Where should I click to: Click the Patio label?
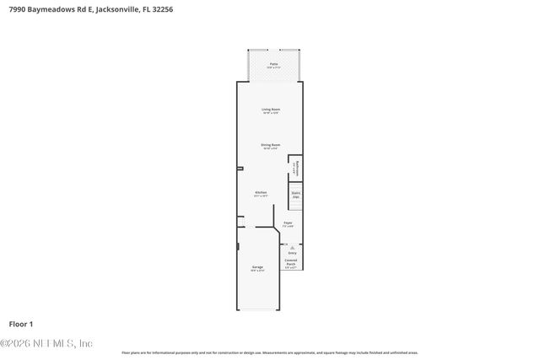pyautogui.click(x=273, y=63)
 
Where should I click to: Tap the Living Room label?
pyautogui.click(x=270, y=109)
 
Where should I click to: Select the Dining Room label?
pyautogui.click(x=270, y=144)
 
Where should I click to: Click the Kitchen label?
pyautogui.click(x=262, y=192)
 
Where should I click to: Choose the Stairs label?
pyautogui.click(x=296, y=192)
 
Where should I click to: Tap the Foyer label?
pyautogui.click(x=288, y=223)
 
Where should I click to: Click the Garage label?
pyautogui.click(x=256, y=266)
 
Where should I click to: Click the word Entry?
pyautogui.click(x=292, y=253)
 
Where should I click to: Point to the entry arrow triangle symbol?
pyautogui.click(x=292, y=247)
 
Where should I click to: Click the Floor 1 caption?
pyautogui.click(x=20, y=324)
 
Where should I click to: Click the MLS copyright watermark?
pyautogui.click(x=46, y=343)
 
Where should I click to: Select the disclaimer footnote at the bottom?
pyautogui.click(x=270, y=352)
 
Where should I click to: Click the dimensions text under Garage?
pyautogui.click(x=256, y=271)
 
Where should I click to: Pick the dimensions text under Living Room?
pyautogui.click(x=270, y=113)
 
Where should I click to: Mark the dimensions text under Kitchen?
pyautogui.click(x=262, y=196)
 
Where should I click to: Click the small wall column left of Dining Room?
pyautogui.click(x=240, y=169)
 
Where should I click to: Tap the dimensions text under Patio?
pyautogui.click(x=273, y=67)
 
